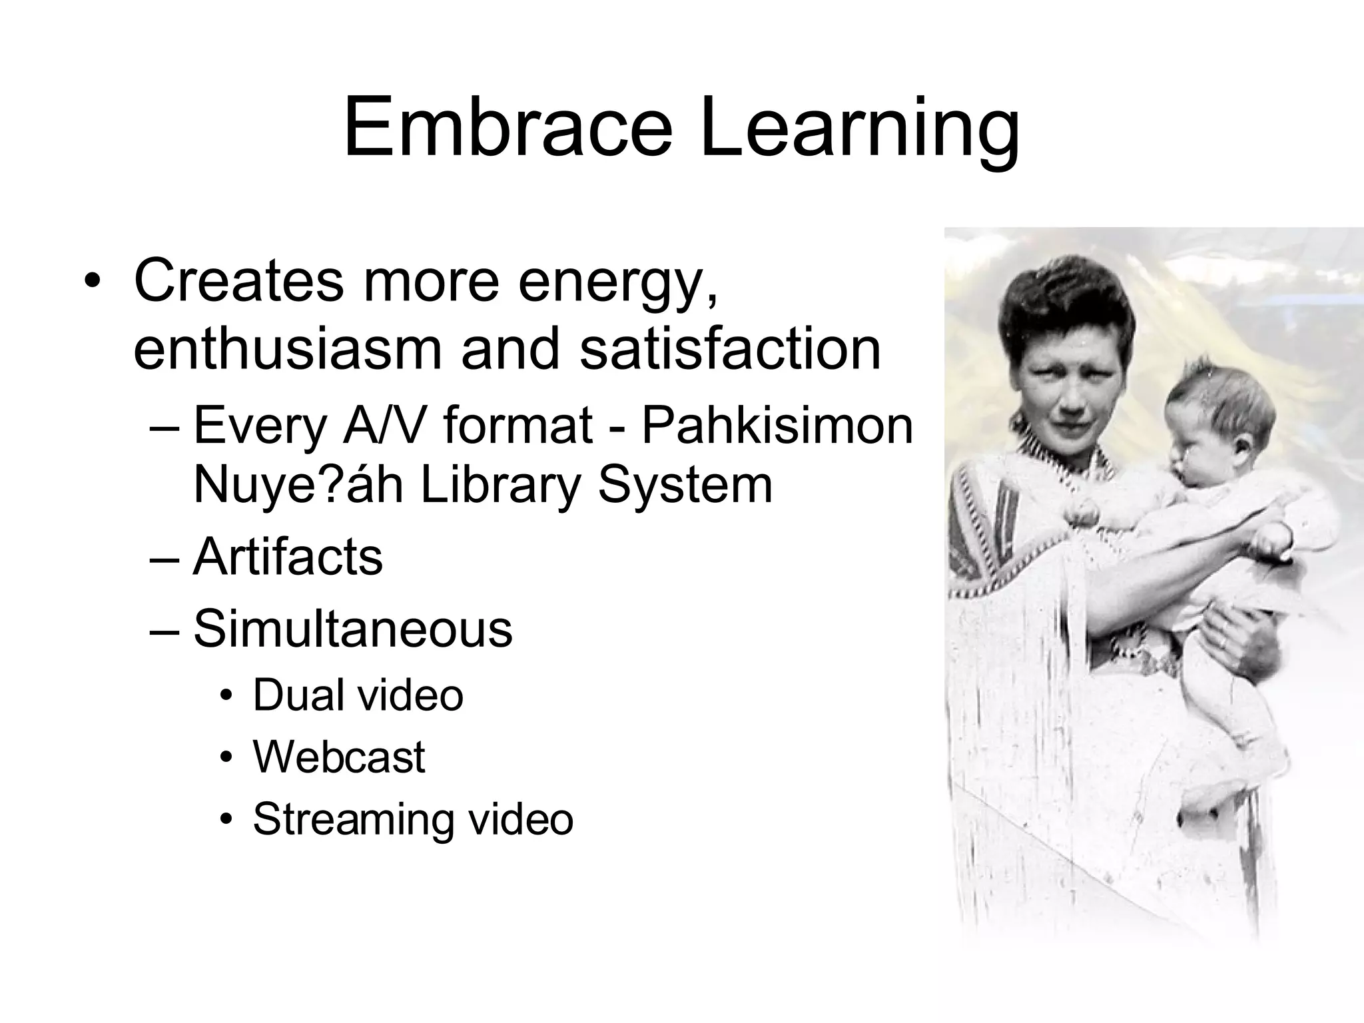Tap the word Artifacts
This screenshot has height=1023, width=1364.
(288, 557)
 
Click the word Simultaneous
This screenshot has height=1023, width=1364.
(353, 628)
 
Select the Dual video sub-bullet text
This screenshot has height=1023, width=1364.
(358, 695)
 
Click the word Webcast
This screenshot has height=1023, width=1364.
(339, 757)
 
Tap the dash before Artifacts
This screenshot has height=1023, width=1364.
(164, 558)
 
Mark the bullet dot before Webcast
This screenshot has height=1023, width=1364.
(228, 758)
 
